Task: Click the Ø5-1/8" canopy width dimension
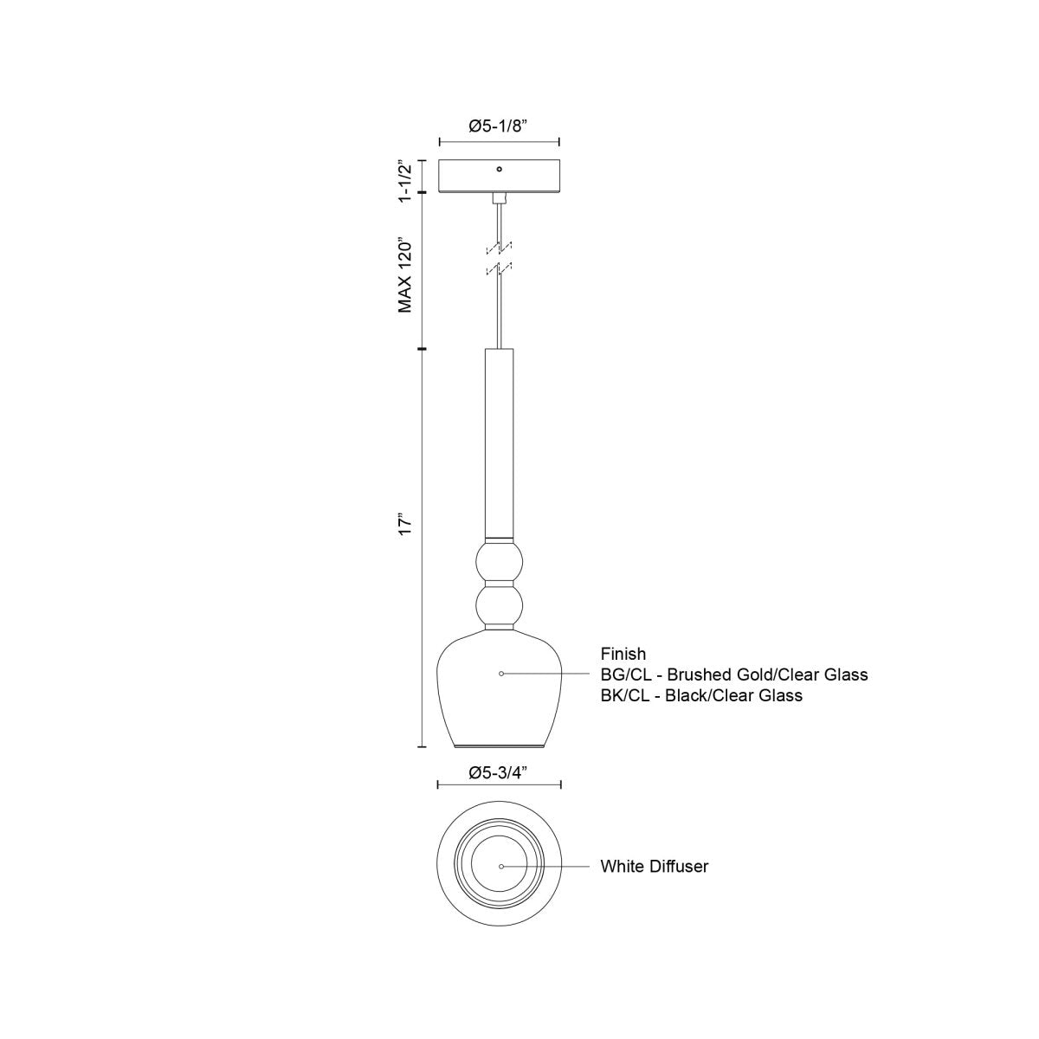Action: (x=499, y=126)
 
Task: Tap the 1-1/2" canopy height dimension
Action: (x=404, y=180)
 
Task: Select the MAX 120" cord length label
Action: (x=404, y=274)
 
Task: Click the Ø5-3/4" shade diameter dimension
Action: (x=499, y=773)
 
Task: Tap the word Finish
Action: (x=623, y=654)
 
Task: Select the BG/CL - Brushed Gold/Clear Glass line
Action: (x=734, y=674)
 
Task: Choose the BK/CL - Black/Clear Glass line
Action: (x=701, y=695)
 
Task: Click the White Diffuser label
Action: (x=654, y=866)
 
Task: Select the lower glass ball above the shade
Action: (x=500, y=603)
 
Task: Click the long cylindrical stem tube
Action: (x=500, y=442)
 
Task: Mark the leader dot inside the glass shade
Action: (x=500, y=673)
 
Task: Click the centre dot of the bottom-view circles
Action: (x=500, y=866)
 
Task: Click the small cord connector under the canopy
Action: (x=500, y=198)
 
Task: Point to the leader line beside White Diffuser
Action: (x=549, y=866)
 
